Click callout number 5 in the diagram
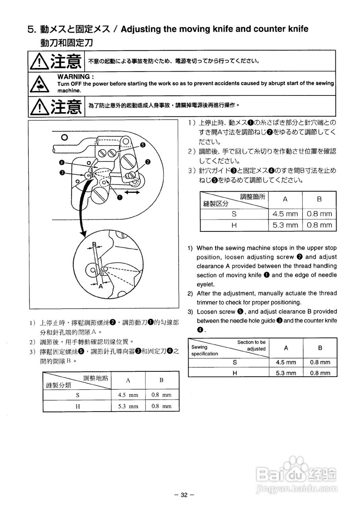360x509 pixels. click(x=142, y=145)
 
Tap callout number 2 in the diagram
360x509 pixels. click(x=148, y=161)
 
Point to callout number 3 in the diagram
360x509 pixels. click(x=62, y=172)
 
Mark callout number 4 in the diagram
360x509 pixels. click(x=62, y=162)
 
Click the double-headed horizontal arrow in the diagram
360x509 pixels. click(x=132, y=192)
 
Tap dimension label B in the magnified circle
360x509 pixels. click(x=94, y=244)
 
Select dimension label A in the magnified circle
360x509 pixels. click(x=101, y=286)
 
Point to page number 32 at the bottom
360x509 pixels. click(x=183, y=495)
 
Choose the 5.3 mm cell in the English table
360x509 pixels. click(x=286, y=373)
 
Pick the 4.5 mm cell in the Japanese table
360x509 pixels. click(x=285, y=214)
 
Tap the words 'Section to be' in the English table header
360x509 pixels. click(x=251, y=342)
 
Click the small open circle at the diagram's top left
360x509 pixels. click(x=64, y=138)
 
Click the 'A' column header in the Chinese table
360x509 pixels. click(x=128, y=380)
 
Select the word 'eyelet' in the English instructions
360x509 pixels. click(x=205, y=284)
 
